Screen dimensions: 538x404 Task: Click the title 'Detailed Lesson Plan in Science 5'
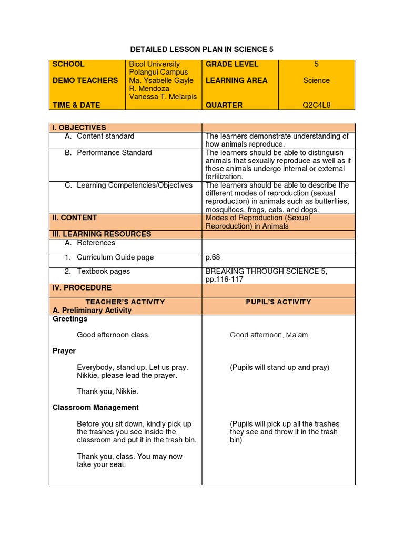[x=202, y=49]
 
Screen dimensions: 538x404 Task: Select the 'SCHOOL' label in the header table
[x=68, y=64]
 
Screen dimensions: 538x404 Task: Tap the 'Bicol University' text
[x=155, y=64]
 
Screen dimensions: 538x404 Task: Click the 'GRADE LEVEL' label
[x=232, y=64]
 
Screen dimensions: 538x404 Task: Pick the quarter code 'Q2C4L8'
[x=316, y=105]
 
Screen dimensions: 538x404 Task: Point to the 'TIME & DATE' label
[x=76, y=105]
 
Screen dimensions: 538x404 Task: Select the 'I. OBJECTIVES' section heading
[x=79, y=128]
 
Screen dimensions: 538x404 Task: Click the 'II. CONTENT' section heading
[x=75, y=218]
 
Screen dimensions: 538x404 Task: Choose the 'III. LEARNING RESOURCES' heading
[x=102, y=234]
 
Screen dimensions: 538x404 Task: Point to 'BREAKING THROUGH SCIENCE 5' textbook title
[x=266, y=272]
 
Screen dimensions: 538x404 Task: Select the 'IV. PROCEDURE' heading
[x=82, y=288]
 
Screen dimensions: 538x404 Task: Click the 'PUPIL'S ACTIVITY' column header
[x=278, y=302]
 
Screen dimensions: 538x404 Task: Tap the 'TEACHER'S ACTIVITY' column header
[x=125, y=302]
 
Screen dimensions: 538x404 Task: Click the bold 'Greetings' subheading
[x=70, y=319]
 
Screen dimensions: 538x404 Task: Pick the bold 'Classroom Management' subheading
[x=96, y=408]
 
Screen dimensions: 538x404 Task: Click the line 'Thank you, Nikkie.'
[x=107, y=391]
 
